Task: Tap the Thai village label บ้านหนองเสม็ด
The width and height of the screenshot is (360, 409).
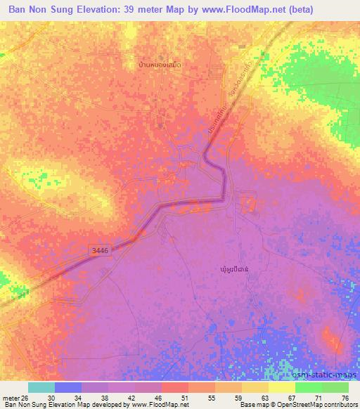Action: point(160,65)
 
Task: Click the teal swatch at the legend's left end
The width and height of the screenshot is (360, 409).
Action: point(41,387)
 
